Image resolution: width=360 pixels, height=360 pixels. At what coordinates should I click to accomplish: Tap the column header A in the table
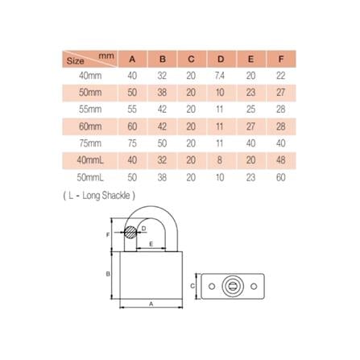133,58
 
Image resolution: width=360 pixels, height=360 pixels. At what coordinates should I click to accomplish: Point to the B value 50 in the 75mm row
163,142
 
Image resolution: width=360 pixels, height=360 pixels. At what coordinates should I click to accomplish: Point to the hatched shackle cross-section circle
130,233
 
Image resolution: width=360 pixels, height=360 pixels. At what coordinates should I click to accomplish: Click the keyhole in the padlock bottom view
233,285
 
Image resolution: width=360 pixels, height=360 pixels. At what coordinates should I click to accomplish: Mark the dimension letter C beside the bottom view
193,285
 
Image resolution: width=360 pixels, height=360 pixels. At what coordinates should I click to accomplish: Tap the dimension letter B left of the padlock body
110,274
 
